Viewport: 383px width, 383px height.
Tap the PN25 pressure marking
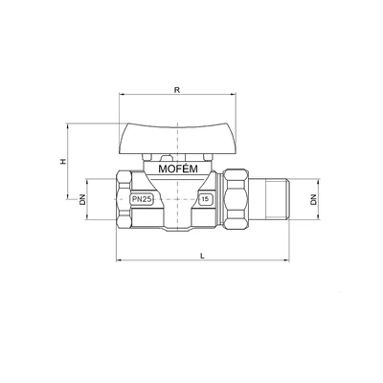[x=142, y=200]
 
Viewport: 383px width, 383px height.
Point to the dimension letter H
[x=61, y=162]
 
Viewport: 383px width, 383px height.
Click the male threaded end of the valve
[x=273, y=202]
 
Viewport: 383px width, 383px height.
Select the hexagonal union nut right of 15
[x=239, y=202]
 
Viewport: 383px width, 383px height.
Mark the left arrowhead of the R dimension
[x=119, y=96]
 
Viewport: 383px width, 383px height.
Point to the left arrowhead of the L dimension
[x=117, y=260]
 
